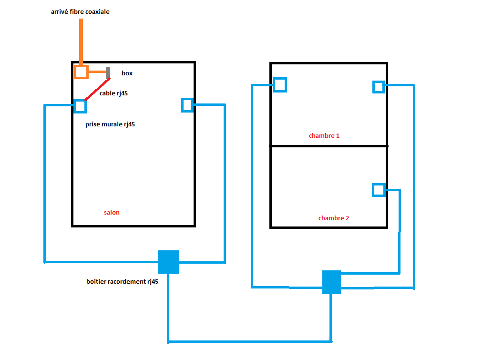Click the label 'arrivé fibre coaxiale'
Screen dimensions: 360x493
click(x=80, y=11)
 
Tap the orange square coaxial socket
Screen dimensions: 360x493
click(x=81, y=72)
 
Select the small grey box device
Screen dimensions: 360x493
click(x=108, y=72)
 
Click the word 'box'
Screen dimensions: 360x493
click(x=127, y=73)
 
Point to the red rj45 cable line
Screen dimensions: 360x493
click(x=97, y=89)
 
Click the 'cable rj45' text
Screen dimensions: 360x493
click(x=113, y=93)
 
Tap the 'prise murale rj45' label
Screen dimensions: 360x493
click(x=110, y=124)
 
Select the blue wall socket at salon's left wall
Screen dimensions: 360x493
click(x=80, y=106)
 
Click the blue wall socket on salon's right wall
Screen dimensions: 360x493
click(x=187, y=105)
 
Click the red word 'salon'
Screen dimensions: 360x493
click(x=112, y=212)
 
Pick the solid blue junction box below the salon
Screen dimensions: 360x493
click(x=168, y=262)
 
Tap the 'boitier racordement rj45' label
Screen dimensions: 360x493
click(x=123, y=282)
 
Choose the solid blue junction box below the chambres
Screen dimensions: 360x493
click(x=331, y=282)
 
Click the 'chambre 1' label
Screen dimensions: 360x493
click(x=324, y=136)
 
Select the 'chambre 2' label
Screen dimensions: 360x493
click(x=334, y=218)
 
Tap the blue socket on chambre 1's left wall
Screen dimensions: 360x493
click(x=279, y=85)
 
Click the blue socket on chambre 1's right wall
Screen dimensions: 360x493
click(x=378, y=87)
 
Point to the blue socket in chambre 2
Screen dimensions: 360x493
click(x=379, y=190)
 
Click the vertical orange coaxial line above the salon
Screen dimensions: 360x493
click(x=81, y=41)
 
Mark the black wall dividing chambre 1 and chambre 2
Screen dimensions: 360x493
click(x=329, y=146)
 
